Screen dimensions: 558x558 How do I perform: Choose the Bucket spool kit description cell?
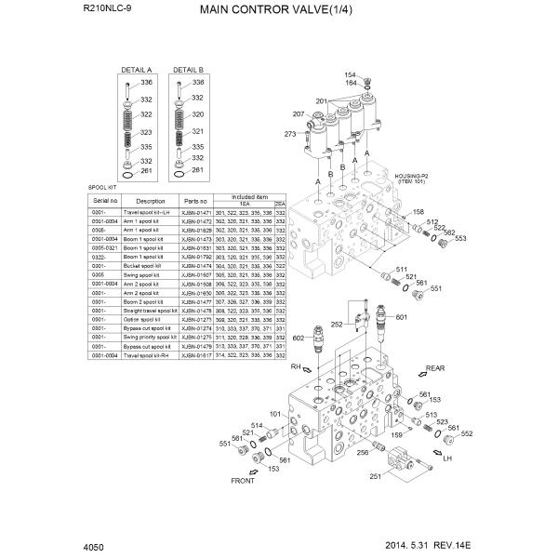(150, 266)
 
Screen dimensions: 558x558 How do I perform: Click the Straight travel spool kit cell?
(150, 311)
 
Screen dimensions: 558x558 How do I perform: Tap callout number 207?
(299, 114)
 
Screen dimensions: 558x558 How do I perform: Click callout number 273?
(289, 135)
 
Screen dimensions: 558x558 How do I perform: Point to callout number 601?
(401, 318)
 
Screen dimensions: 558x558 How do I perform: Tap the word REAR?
(436, 368)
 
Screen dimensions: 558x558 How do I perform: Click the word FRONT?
(243, 482)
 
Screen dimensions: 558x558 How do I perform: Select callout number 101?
(275, 414)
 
